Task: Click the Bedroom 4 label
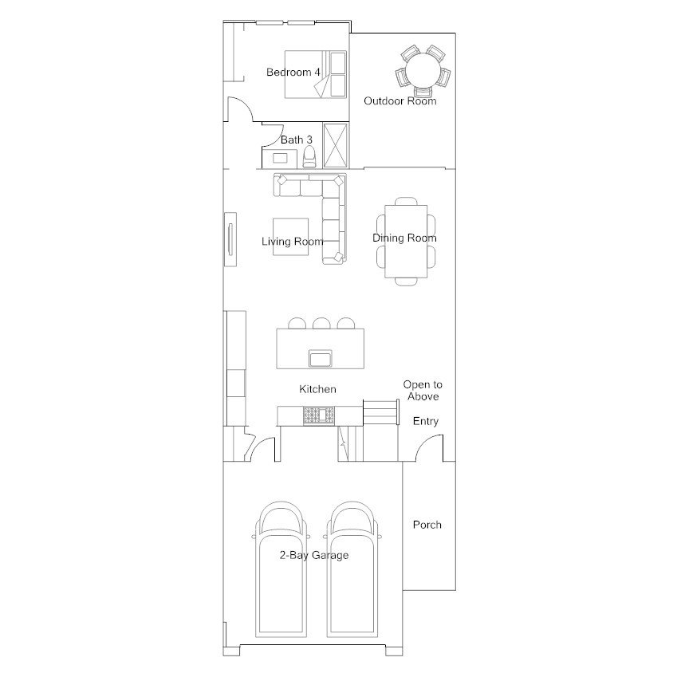point(293,72)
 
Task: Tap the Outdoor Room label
point(400,101)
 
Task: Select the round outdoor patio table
point(423,70)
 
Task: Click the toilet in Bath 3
point(309,156)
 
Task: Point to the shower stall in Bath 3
point(336,145)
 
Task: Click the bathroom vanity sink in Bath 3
point(280,159)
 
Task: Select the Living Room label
point(293,242)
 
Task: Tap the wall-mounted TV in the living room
point(230,239)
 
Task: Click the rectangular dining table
point(406,242)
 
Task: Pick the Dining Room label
point(404,238)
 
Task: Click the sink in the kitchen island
point(321,358)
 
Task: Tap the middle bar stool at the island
point(321,323)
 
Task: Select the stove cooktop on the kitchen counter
point(319,415)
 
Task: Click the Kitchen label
point(317,389)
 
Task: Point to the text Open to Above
point(423,390)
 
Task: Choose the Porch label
point(427,525)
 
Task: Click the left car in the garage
point(281,569)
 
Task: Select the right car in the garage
point(352,569)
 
